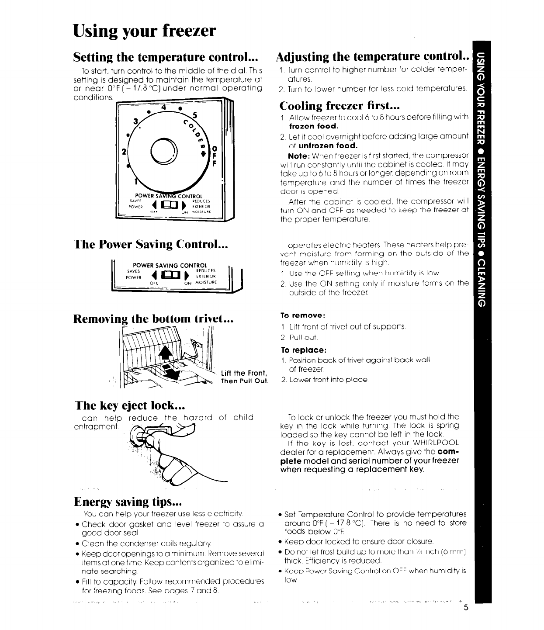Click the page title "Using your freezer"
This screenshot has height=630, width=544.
144,31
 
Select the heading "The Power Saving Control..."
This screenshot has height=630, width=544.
149,244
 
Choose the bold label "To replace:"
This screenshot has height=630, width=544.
303,350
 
